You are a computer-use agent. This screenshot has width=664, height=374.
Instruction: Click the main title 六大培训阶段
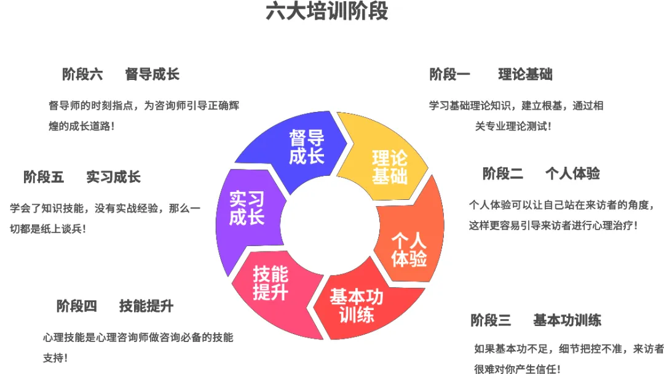click(x=326, y=12)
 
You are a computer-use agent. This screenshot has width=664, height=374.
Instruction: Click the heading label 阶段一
click(x=449, y=75)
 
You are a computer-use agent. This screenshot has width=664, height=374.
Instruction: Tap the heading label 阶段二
click(x=502, y=174)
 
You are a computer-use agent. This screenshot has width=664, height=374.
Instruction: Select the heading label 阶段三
click(x=491, y=320)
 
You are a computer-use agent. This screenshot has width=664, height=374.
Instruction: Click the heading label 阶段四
click(x=77, y=306)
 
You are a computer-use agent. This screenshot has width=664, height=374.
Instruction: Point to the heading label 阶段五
click(x=44, y=178)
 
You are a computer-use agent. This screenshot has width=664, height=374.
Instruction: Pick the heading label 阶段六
click(x=82, y=75)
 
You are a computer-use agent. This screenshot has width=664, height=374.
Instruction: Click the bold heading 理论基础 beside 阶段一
click(x=525, y=75)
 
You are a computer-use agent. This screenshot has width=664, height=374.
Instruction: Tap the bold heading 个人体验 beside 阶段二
click(x=572, y=174)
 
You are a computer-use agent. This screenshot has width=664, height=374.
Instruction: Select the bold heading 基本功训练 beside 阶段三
click(x=567, y=320)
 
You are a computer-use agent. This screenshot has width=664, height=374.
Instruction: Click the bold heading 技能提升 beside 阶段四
click(x=146, y=306)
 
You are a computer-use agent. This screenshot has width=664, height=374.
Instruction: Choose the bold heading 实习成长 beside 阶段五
click(x=113, y=178)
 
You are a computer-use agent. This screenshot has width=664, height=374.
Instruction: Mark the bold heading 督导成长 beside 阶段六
click(x=152, y=75)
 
